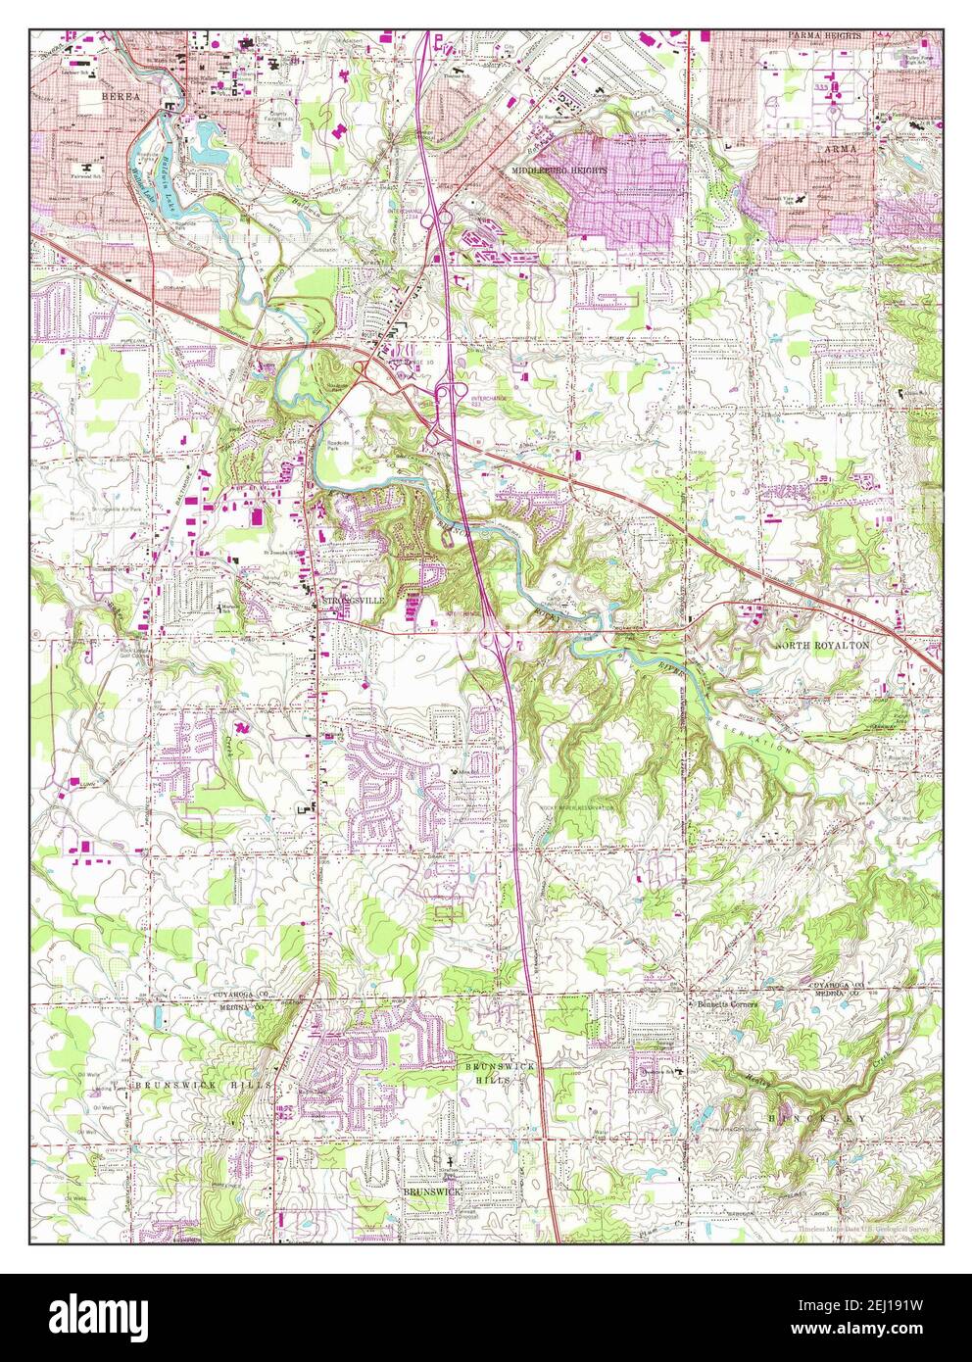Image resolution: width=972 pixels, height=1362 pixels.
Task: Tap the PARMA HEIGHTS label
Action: click(x=825, y=35)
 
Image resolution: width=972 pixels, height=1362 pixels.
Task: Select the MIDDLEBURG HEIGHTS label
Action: click(x=558, y=170)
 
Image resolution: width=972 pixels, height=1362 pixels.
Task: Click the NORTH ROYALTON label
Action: click(x=822, y=646)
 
